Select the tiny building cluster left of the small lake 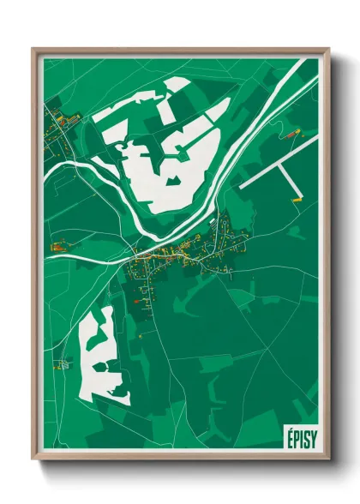click(x=62, y=364)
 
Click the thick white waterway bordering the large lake click(x=129, y=206)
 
